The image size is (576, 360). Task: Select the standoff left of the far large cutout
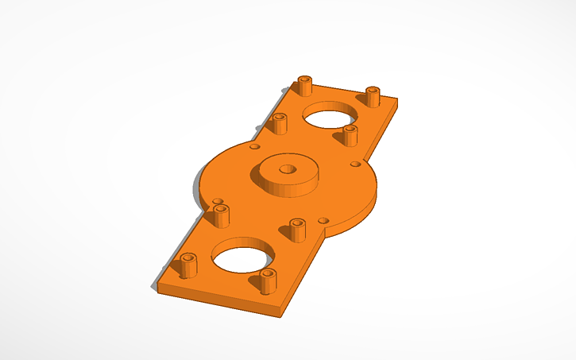coord(279,123)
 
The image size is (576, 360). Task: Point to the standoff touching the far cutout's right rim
coord(350,135)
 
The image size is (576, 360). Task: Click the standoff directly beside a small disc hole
coord(221,215)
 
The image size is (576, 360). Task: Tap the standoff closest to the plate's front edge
coord(267,281)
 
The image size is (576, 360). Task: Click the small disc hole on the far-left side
coord(254,146)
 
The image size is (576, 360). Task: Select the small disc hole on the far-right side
coord(355,165)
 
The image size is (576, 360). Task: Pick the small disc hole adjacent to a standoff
coord(218,202)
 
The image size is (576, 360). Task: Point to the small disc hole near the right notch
coord(322,219)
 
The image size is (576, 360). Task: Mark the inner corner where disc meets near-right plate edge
coord(323,238)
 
